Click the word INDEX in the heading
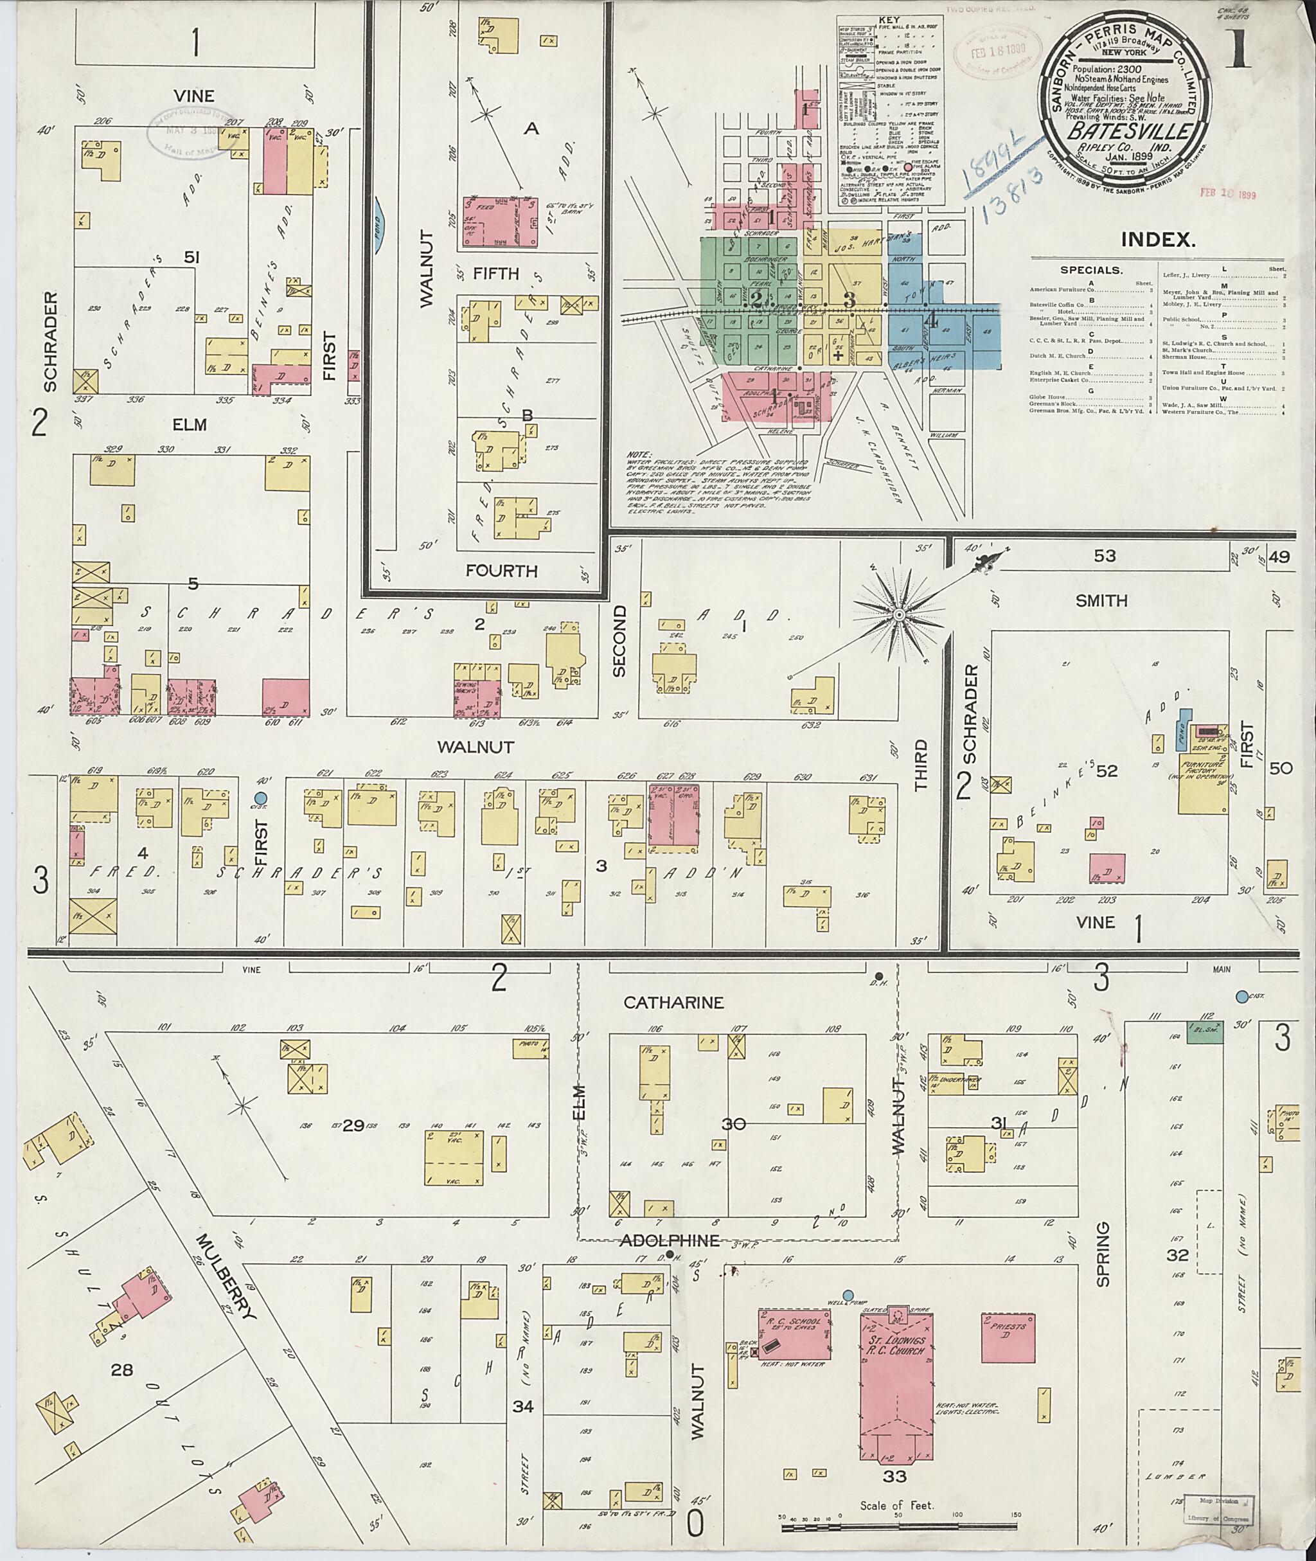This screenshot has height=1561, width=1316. pos(1158,239)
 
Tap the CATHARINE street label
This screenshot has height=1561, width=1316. pos(673,1002)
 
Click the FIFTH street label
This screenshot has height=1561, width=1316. pos(495,274)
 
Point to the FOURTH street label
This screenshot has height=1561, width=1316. pos(501,571)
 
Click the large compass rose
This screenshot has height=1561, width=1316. pos(900,614)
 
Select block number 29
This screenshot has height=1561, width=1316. pos(353,1126)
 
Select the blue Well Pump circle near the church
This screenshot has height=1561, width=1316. pos(848,1294)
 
